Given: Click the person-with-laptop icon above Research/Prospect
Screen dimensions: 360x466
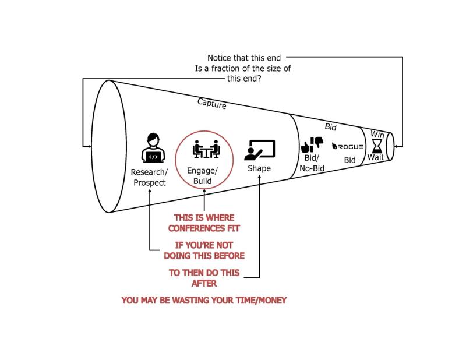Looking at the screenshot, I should coord(152,149).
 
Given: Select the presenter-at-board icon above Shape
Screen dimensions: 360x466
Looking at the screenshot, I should coord(259,150).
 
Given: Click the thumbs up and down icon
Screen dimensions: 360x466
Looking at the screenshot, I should coord(312,145).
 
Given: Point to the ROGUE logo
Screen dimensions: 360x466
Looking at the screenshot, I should coord(348,146).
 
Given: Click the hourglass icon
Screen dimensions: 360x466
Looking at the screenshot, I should coord(377,144).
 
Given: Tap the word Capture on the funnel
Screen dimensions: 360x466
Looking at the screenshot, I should coord(211,104).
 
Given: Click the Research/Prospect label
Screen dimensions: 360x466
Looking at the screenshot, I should coord(149,177).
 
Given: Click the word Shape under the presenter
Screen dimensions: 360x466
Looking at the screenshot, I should coord(259,168).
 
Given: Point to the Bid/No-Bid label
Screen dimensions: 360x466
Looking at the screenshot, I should coord(312,163).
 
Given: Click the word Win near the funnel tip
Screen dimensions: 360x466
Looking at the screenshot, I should coord(377,134).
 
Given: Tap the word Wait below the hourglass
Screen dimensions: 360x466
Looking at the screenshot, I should coord(375,158).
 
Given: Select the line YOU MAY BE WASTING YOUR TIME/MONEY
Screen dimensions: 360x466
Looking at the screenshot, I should coord(204,301).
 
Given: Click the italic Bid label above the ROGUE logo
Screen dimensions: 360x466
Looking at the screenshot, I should coord(330,126).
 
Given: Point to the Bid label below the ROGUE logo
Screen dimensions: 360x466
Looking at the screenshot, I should coord(349,160).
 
